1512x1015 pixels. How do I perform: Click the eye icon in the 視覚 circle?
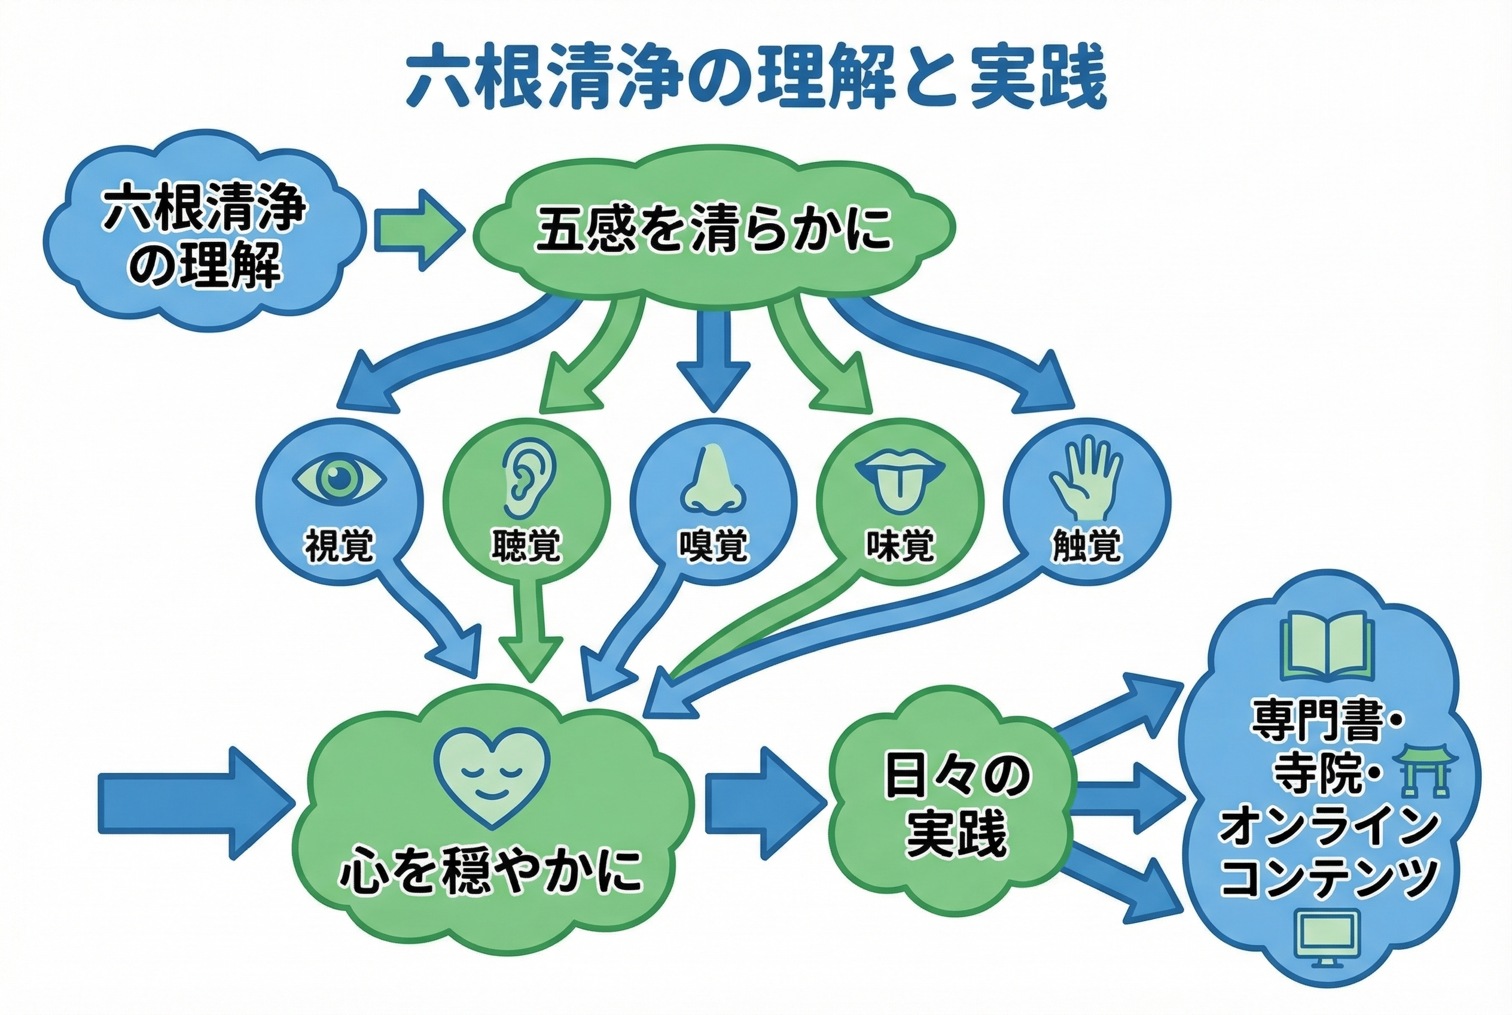point(339,479)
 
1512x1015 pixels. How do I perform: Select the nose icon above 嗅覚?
point(712,479)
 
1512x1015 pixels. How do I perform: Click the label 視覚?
point(339,546)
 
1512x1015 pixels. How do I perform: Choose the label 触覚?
point(1086,546)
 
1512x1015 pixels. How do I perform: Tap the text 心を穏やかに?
point(492,871)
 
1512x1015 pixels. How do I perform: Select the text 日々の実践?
point(956,804)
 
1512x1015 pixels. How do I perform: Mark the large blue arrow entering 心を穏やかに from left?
point(194,804)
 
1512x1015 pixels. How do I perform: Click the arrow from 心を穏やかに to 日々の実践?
point(763,803)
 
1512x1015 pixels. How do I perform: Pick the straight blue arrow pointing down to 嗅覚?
point(713,363)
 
